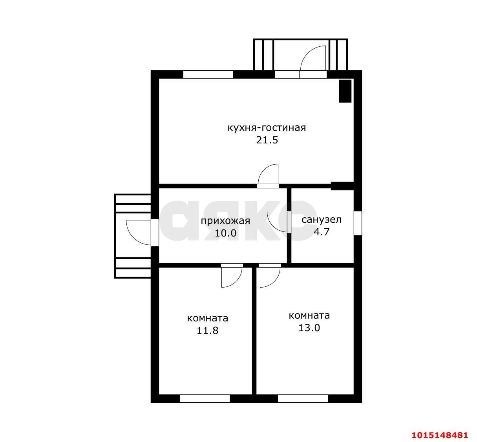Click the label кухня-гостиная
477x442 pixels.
pyautogui.click(x=267, y=128)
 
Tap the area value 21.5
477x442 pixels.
pyautogui.click(x=267, y=140)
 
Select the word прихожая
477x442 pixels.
pyautogui.click(x=225, y=221)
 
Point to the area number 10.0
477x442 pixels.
pyautogui.click(x=225, y=233)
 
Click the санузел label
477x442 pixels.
pyautogui.click(x=322, y=220)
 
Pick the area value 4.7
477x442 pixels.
pyautogui.click(x=322, y=231)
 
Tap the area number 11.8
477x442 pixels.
pyautogui.click(x=208, y=330)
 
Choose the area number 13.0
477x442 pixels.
pyautogui.click(x=309, y=328)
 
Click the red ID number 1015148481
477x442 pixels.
pyautogui.click(x=440, y=435)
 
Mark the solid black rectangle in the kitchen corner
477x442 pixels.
pyautogui.click(x=345, y=91)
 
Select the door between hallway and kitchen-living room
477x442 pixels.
pyautogui.click(x=268, y=175)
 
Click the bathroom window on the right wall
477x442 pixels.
pyautogui.click(x=358, y=223)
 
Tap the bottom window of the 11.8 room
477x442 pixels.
pyautogui.click(x=205, y=398)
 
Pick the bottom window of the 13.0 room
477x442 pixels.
pyautogui.click(x=303, y=398)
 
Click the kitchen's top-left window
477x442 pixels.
pyautogui.click(x=208, y=74)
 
